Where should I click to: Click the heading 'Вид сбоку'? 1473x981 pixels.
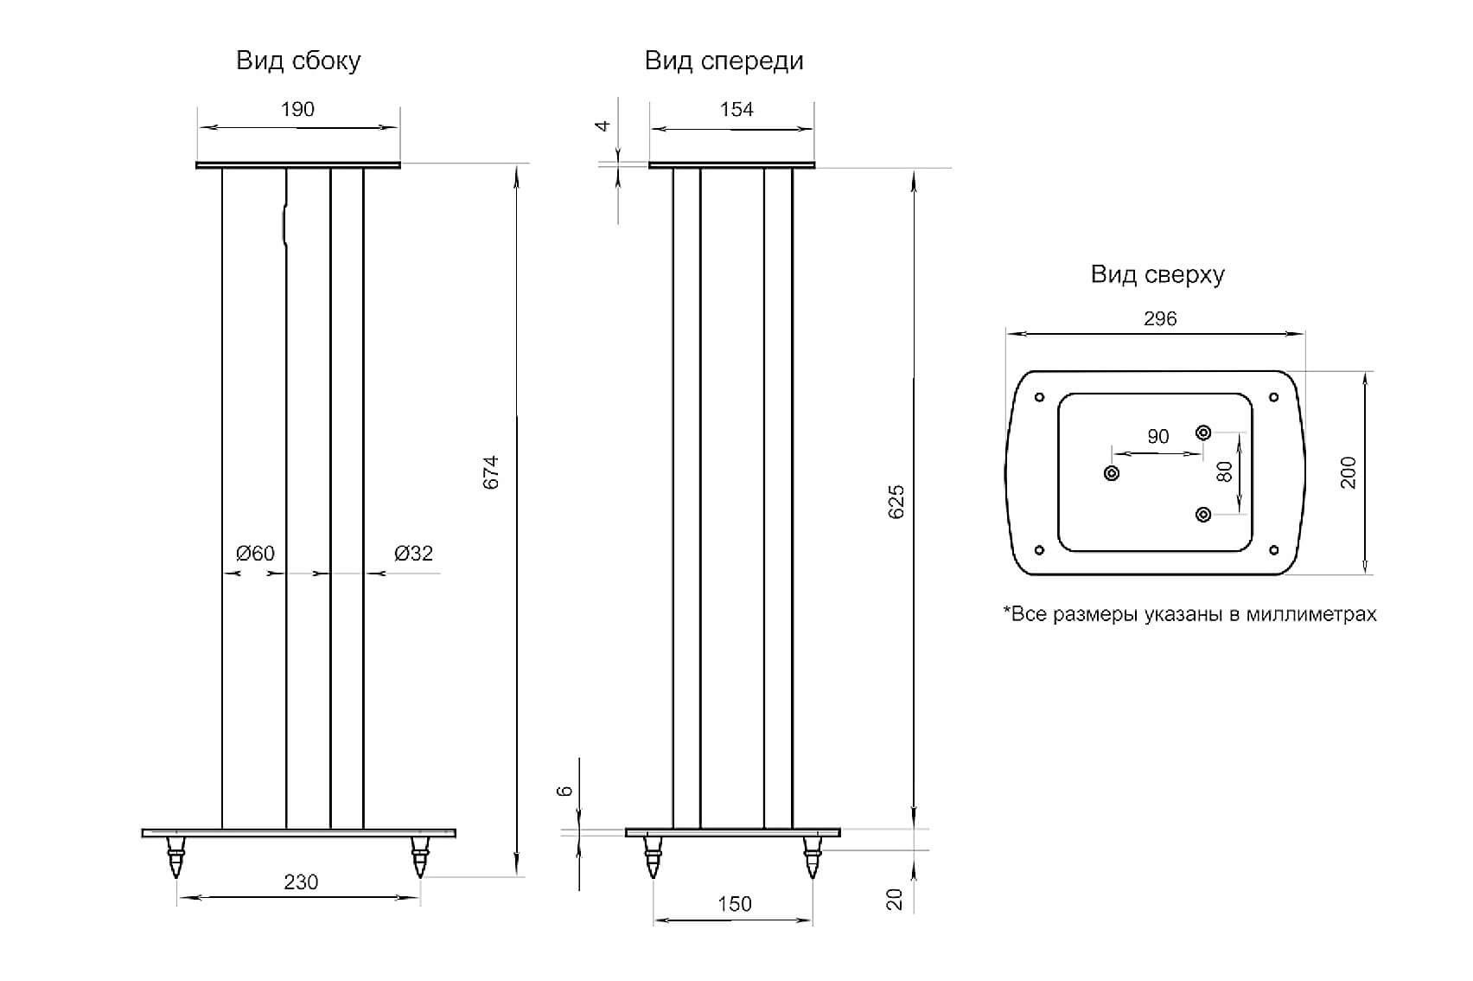coord(298,61)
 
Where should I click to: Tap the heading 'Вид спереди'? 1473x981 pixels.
coord(724,61)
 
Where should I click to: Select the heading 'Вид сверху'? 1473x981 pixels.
coord(1157,274)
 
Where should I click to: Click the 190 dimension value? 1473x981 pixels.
coord(298,109)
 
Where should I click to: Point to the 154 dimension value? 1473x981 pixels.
coord(736,109)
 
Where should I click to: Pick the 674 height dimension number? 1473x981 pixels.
coord(491,472)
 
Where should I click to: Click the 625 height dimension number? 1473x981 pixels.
coord(896,502)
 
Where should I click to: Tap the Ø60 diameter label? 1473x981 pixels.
coord(255,553)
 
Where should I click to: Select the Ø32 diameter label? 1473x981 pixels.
coord(413,553)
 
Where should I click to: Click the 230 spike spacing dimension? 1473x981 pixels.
coord(301,882)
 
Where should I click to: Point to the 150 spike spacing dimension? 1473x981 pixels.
coord(735,904)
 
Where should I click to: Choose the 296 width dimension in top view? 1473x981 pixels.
coord(1160,318)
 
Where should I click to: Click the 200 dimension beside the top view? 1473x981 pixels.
coord(1348,472)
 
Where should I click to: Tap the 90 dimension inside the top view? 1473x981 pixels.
coord(1158,436)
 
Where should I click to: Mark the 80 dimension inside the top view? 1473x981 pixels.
coord(1224,471)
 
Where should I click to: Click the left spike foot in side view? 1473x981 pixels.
coord(175,857)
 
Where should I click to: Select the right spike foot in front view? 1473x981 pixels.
coord(813,857)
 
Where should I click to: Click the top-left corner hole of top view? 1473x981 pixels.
coord(1040,397)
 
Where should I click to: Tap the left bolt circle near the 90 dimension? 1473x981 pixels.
coord(1112,473)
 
